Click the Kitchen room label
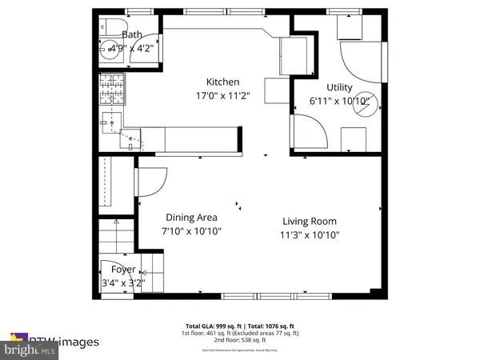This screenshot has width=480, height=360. (223, 82)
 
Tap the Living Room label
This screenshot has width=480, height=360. (309, 222)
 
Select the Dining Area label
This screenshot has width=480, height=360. (191, 217)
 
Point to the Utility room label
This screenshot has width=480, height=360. (344, 87)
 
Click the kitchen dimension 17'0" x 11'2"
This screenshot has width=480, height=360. (223, 95)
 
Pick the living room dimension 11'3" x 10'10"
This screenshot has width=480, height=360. (309, 235)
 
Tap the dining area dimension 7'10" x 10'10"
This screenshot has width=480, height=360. (191, 230)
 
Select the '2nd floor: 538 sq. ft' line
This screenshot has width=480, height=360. (240, 342)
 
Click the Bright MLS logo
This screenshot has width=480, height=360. (29, 350)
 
